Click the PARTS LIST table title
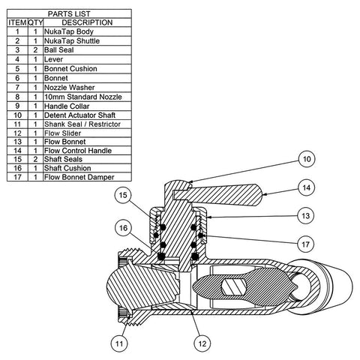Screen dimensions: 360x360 coord(69,13)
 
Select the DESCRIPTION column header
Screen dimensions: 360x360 coord(87,22)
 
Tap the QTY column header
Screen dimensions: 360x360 coord(35,22)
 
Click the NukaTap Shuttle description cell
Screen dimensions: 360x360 coord(72,40)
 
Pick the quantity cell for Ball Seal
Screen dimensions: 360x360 coord(35,50)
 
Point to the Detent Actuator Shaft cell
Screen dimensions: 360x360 coord(79,115)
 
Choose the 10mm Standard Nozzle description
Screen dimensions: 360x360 coord(83,97)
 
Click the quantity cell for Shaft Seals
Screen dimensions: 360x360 coord(35,159)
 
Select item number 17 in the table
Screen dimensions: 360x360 coord(17,177)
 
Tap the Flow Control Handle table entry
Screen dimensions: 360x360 coord(78,151)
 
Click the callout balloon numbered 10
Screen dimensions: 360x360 coord(307,159)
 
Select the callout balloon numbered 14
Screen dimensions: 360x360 coord(306,187)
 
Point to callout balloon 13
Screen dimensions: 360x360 coord(306,216)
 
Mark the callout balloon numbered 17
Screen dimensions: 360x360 coord(306,244)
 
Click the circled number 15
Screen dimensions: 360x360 coord(123,195)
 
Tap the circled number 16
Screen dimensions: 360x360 coord(123,228)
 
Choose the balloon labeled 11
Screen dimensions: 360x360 coord(119,343)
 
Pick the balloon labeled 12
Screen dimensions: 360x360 coord(202,343)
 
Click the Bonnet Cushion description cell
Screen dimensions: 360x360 coord(70,69)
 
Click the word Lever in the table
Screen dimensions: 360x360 coord(53,59)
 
